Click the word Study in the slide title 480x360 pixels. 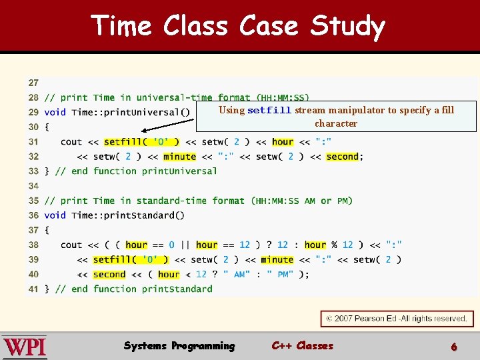(x=347, y=27)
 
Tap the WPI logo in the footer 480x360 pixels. (x=25, y=347)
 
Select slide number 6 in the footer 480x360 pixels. (x=454, y=347)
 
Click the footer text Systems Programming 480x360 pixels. (x=179, y=346)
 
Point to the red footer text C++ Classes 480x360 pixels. (x=302, y=346)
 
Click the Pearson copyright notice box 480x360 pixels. (x=397, y=319)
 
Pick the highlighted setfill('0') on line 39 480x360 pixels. (x=131, y=259)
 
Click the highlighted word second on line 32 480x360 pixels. (x=343, y=157)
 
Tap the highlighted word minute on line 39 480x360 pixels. (x=277, y=259)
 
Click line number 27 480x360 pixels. (x=33, y=83)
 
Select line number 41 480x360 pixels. (x=33, y=289)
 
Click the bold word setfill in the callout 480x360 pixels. (x=269, y=111)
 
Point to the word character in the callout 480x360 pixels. (x=336, y=123)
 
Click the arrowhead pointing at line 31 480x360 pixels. (x=144, y=131)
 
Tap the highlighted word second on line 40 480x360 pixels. (x=109, y=274)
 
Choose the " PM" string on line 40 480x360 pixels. (x=280, y=274)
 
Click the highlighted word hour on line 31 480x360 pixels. (x=283, y=141)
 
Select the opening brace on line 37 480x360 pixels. (x=47, y=230)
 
